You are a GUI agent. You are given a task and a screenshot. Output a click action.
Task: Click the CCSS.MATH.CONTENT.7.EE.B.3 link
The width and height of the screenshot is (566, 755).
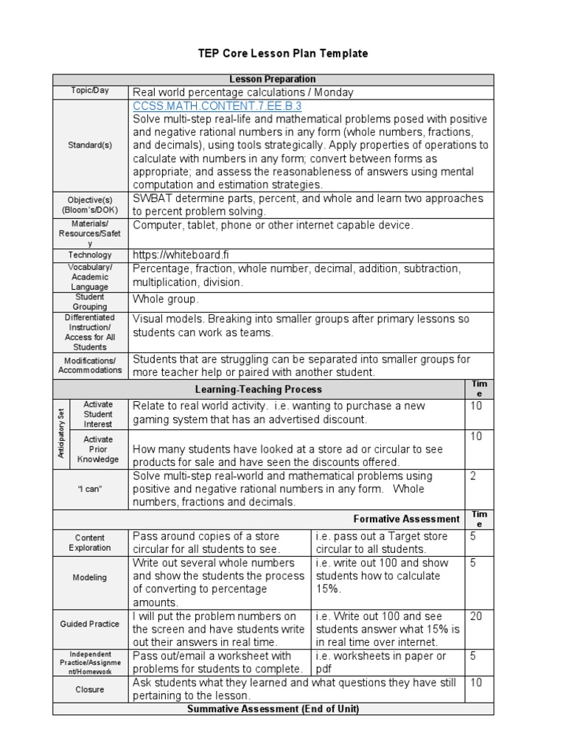(217, 106)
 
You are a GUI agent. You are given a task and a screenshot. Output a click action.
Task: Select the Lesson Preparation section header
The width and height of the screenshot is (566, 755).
(273, 79)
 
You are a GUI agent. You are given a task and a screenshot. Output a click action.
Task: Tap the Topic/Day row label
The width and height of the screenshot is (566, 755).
(90, 91)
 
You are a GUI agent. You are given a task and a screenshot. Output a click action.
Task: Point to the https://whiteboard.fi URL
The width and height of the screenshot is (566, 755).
(176, 254)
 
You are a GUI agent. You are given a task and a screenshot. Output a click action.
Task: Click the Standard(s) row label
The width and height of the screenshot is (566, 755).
(90, 145)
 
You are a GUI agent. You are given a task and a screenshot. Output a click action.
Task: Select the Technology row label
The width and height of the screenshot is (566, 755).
(90, 255)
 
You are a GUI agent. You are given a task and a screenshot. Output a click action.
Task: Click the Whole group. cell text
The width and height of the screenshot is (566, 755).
(166, 299)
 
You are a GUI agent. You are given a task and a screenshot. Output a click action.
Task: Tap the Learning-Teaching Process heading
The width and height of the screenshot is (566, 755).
(258, 389)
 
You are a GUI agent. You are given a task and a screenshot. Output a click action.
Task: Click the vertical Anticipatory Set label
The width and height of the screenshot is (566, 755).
(61, 434)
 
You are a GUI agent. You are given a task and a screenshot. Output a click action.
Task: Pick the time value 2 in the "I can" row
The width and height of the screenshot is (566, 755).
(473, 476)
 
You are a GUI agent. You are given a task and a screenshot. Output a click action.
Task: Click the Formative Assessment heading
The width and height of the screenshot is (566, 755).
(407, 519)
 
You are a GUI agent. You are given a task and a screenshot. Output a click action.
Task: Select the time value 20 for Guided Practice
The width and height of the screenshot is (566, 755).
(476, 616)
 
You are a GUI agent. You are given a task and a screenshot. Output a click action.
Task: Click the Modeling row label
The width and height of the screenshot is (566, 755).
(90, 578)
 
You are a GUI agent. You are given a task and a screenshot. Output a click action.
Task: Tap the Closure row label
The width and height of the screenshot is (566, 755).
(90, 690)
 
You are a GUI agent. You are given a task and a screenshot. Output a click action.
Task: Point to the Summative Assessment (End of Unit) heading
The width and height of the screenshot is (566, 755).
(273, 709)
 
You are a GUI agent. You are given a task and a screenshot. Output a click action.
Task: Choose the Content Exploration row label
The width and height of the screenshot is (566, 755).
(90, 543)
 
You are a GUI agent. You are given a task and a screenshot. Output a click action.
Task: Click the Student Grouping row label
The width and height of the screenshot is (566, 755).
(90, 302)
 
